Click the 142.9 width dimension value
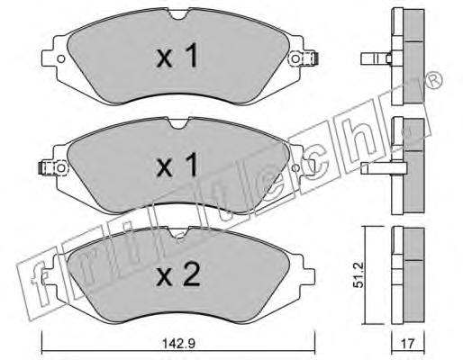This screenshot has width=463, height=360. tap(178, 344)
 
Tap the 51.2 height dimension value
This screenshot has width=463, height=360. tap(359, 274)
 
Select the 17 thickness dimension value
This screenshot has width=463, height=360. tap(407, 344)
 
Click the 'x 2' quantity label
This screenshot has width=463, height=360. tap(178, 274)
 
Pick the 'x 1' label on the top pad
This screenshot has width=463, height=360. tap(177, 56)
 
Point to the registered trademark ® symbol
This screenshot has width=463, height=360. tap(434, 80)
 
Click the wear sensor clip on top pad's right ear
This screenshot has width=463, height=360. tap(304, 58)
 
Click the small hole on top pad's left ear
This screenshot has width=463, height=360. tap(61, 58)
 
